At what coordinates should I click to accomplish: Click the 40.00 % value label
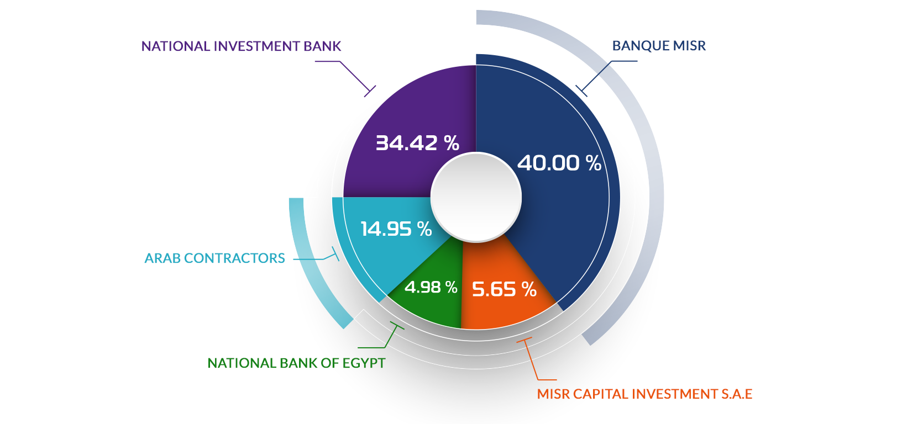[x=559, y=163]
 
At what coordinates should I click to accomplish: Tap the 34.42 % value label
[x=417, y=143]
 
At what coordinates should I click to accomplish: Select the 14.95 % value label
[x=396, y=229]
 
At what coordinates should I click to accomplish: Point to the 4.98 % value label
[x=431, y=287]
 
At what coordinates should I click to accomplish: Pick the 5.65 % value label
[x=505, y=289]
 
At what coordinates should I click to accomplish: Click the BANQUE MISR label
[x=659, y=45]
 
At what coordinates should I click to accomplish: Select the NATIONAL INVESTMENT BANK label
[x=241, y=46]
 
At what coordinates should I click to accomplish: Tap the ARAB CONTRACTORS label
[x=214, y=258]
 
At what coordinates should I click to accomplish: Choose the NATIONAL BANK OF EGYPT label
[x=296, y=363]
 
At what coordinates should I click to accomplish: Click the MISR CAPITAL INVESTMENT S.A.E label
[x=645, y=394]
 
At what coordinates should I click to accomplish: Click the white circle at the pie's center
[x=476, y=197]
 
